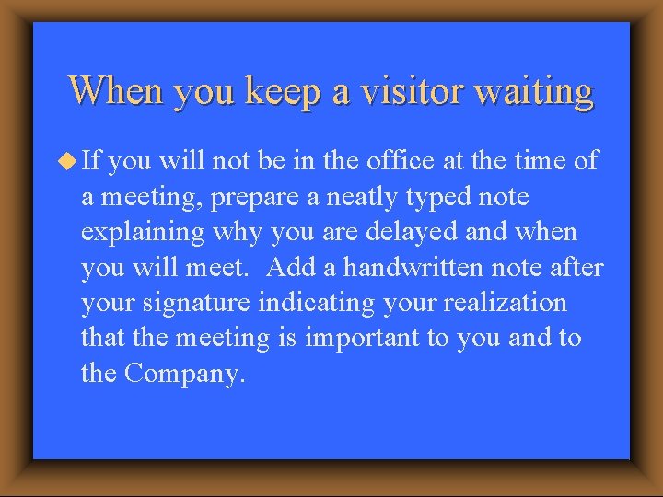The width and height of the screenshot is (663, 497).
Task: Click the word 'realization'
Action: (509, 303)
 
